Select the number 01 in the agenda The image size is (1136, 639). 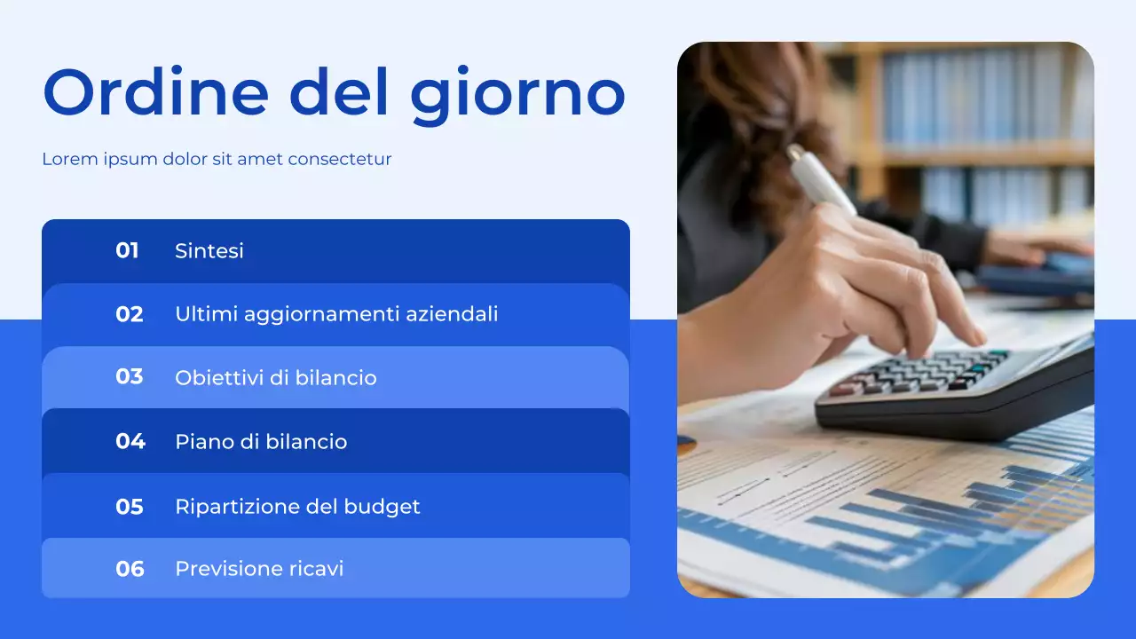pyautogui.click(x=128, y=251)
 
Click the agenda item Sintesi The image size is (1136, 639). pyautogui.click(x=209, y=251)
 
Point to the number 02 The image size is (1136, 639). pyautogui.click(x=130, y=314)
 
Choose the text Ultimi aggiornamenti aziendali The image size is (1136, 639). pyautogui.click(x=336, y=314)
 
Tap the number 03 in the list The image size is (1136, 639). pyautogui.click(x=130, y=377)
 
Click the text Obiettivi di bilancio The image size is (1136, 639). pyautogui.click(x=276, y=378)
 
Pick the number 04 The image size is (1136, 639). pyautogui.click(x=130, y=441)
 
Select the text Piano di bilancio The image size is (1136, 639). pyautogui.click(x=261, y=442)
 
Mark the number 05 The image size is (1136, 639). pyautogui.click(x=130, y=507)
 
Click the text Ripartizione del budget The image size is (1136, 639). pyautogui.click(x=297, y=507)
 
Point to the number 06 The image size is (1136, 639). pyautogui.click(x=130, y=569)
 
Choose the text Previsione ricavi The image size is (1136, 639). pyautogui.click(x=259, y=569)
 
